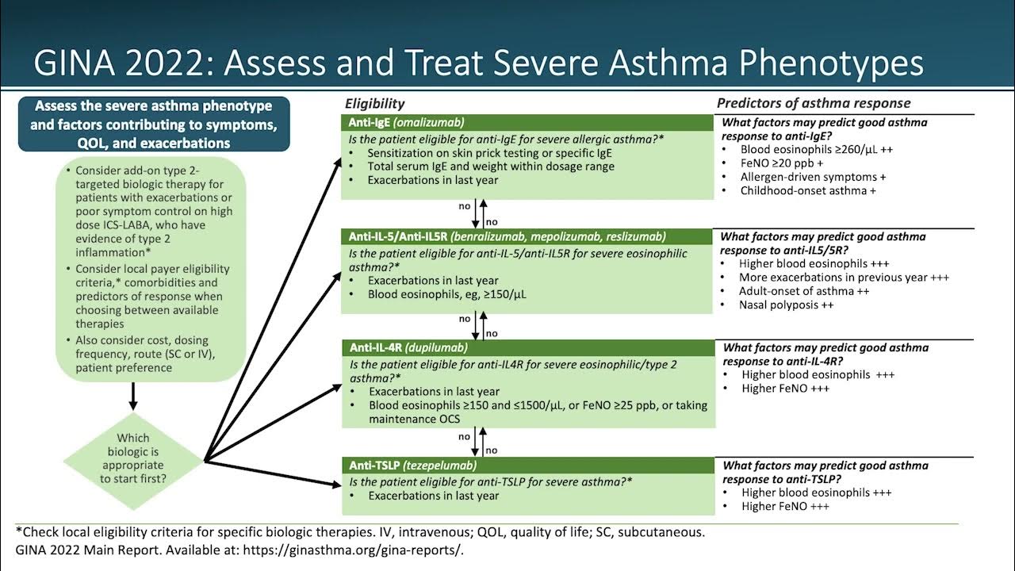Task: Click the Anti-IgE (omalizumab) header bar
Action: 527,123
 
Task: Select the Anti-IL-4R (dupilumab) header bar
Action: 527,348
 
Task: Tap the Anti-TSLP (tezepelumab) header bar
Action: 527,466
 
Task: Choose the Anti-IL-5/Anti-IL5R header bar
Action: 527,236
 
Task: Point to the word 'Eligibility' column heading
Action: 374,103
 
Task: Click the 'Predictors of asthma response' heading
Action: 814,103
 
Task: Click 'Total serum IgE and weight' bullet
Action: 490,167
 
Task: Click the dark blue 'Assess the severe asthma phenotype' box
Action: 154,125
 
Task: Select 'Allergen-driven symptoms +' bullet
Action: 813,177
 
